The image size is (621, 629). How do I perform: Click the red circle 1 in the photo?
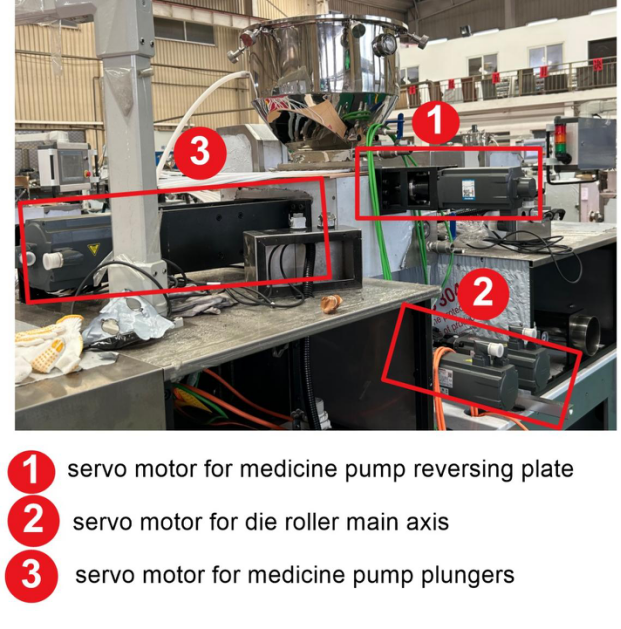(x=436, y=122)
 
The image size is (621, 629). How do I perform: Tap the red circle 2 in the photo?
(x=483, y=293)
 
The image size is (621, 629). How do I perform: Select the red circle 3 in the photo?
(x=200, y=152)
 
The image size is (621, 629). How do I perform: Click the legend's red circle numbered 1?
(x=31, y=472)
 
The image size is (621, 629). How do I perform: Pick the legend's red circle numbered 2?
(x=33, y=521)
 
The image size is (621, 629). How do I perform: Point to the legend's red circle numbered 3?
(x=31, y=576)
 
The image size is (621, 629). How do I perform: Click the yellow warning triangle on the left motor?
(x=93, y=249)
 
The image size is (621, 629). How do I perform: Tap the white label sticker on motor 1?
(x=468, y=189)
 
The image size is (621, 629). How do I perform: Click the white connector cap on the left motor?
(x=53, y=260)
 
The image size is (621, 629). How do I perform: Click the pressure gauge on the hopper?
(x=383, y=44)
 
